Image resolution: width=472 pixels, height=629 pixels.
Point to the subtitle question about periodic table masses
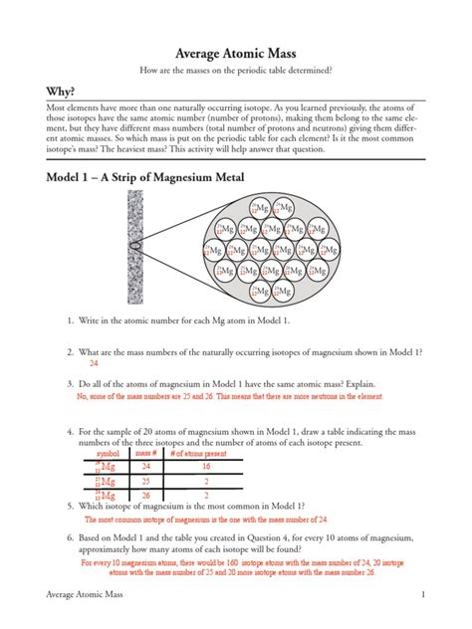(x=236, y=72)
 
